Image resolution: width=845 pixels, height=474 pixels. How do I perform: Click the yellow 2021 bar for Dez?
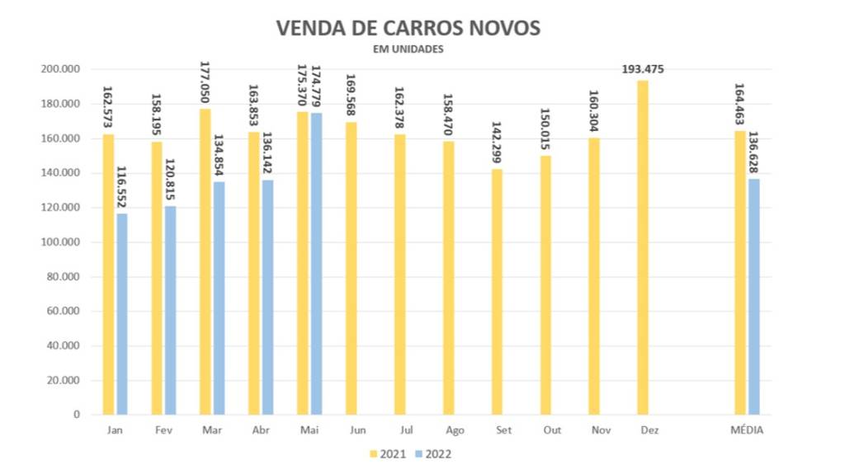coord(642,247)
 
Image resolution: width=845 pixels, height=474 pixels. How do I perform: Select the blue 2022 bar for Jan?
coord(122,313)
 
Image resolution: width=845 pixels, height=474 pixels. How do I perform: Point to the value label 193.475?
coord(642,69)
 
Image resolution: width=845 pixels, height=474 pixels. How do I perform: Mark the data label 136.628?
coord(754,152)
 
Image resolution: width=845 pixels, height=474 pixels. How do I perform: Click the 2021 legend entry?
coord(387,453)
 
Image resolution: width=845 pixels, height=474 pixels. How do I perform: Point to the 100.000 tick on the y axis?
coord(60,242)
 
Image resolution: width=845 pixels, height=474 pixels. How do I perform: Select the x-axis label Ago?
coord(454,430)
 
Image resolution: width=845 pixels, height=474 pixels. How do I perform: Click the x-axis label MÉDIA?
coord(748,430)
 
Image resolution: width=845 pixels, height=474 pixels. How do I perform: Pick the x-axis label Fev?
coord(163,430)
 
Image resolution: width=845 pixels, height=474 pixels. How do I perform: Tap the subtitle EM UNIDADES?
coord(408,49)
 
